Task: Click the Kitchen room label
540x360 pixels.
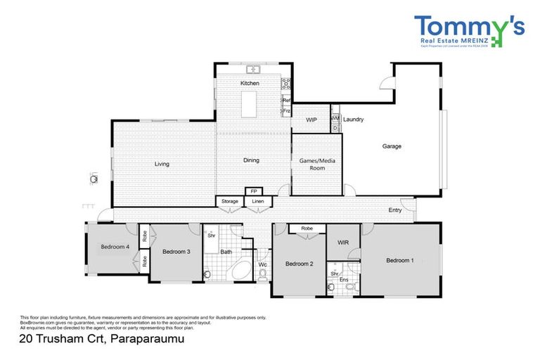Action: tap(250, 84)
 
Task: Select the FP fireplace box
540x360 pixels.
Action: tap(251, 191)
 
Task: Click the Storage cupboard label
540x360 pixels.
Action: tap(230, 202)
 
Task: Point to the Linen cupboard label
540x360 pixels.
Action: tap(258, 202)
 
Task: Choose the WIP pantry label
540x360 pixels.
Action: tap(311, 120)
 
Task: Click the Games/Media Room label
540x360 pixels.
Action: tap(317, 165)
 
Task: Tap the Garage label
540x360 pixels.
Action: tap(392, 146)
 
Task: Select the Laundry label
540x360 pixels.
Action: tap(353, 120)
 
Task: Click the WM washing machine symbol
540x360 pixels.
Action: tap(335, 118)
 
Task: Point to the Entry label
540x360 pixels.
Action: tap(395, 210)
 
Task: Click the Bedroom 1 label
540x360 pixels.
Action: tap(399, 260)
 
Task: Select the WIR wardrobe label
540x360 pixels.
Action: tap(343, 243)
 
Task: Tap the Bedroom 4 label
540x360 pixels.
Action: tap(114, 247)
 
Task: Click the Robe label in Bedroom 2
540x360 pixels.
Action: tap(307, 229)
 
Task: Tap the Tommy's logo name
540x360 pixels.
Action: tap(468, 27)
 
